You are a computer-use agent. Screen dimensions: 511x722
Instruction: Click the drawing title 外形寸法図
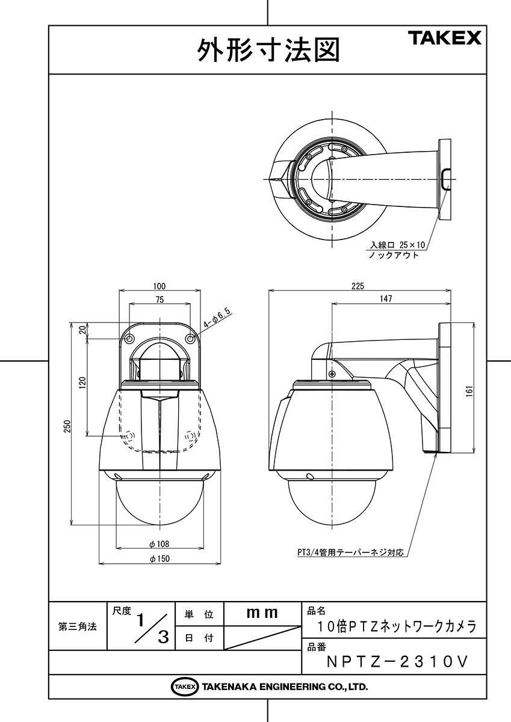268,51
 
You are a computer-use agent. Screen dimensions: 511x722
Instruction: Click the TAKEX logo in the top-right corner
445,38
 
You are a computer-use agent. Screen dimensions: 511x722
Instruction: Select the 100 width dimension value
159,286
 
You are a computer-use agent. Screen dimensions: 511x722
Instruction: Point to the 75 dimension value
159,300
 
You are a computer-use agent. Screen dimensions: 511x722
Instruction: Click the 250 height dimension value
67,426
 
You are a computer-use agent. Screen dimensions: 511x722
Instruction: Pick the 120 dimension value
83,383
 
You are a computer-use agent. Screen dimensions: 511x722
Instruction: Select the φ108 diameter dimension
159,544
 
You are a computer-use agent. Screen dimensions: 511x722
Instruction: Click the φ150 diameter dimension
159,558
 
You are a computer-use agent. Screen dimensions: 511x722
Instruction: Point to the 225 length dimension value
358,286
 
